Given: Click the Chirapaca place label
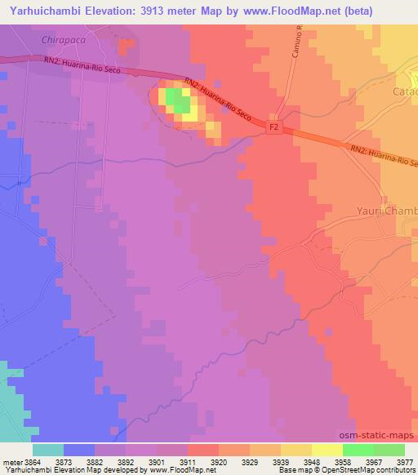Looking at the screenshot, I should [62, 39].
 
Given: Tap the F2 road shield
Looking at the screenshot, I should [275, 127].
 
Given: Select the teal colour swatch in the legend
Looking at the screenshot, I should [47, 450].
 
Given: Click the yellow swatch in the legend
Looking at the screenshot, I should [327, 450].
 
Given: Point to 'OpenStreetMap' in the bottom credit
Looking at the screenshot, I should [343, 471].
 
